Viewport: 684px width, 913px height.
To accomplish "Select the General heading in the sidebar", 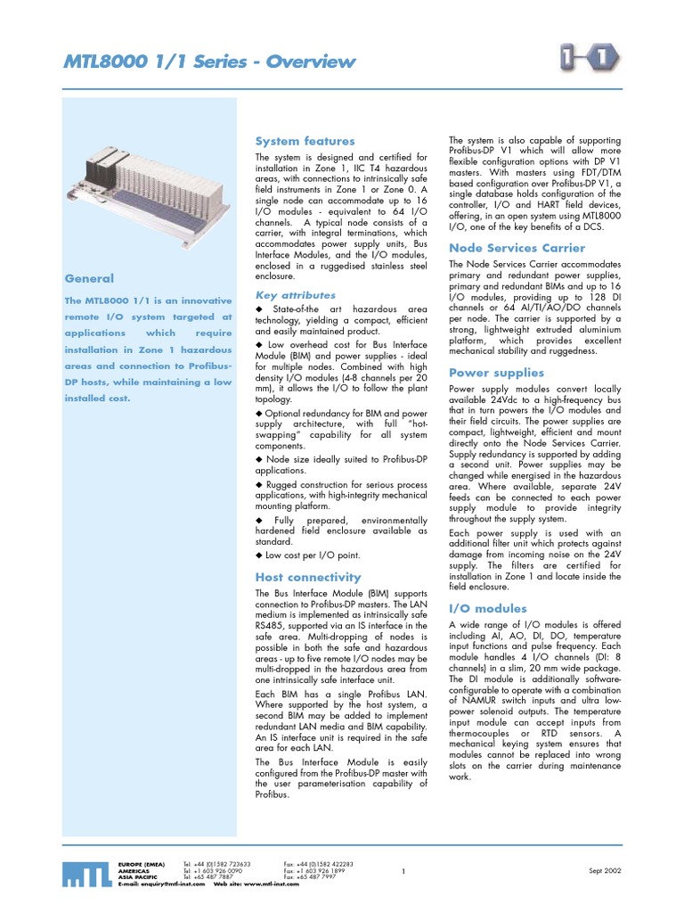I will [88, 278].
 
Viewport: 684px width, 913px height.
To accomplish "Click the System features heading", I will [305, 141].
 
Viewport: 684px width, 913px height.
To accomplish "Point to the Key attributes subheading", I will [296, 294].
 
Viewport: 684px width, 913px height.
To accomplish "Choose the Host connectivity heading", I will [308, 577].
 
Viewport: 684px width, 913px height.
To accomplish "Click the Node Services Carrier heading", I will [517, 248].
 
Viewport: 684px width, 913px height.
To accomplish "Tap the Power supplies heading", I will [496, 373].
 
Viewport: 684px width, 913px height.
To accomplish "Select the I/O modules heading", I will [488, 607].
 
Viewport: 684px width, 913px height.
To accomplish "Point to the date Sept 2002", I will [607, 870].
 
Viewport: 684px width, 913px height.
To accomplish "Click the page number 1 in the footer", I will [403, 871].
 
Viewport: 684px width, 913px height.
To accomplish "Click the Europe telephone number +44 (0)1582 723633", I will [223, 864].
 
